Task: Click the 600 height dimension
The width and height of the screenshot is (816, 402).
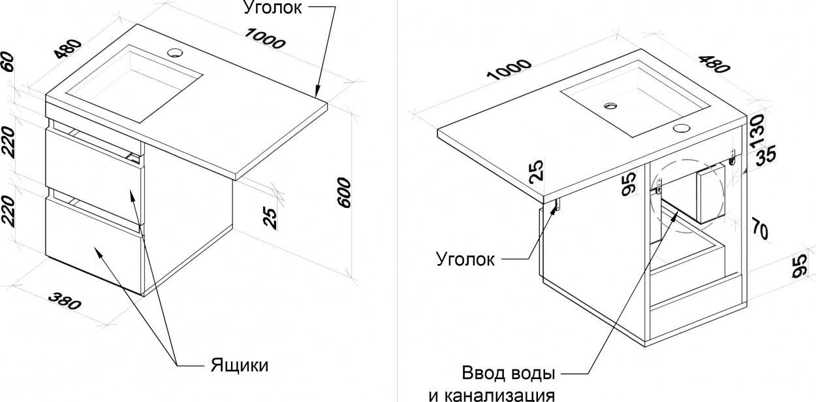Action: click(x=344, y=193)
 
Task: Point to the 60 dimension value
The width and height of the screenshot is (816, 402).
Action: click(x=7, y=62)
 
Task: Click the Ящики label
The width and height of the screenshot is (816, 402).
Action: click(x=240, y=365)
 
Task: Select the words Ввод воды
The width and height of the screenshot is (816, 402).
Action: click(x=509, y=373)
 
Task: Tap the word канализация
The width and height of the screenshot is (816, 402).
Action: click(x=501, y=395)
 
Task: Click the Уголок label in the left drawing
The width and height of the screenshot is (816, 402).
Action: click(x=273, y=8)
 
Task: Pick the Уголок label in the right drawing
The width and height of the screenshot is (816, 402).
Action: click(x=465, y=259)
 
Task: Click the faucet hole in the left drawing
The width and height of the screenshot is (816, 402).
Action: click(x=175, y=52)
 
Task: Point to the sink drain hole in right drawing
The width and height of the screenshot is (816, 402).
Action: click(x=610, y=106)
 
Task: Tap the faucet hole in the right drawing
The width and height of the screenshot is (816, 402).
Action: click(x=681, y=128)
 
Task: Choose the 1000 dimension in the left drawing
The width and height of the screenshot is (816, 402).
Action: click(x=264, y=39)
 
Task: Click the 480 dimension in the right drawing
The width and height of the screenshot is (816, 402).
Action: click(x=714, y=64)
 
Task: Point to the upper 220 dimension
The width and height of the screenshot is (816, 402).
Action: click(x=8, y=142)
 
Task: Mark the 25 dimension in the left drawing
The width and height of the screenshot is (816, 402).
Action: click(x=270, y=218)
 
